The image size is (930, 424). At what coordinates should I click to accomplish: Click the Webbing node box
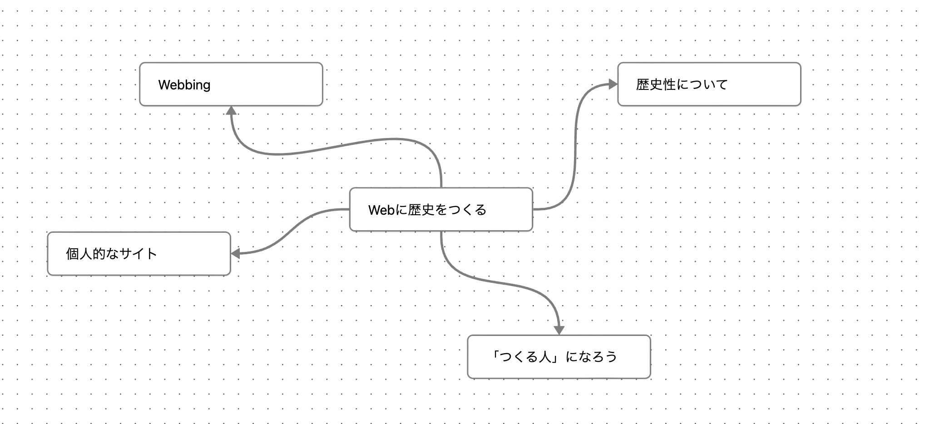[272, 84]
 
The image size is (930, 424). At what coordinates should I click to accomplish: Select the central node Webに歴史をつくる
[509, 209]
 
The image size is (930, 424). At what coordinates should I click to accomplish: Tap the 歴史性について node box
[763, 84]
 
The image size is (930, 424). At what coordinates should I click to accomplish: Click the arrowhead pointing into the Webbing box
[231, 110]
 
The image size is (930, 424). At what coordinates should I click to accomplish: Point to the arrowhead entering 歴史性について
[613, 84]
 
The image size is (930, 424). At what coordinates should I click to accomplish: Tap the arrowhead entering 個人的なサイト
[235, 254]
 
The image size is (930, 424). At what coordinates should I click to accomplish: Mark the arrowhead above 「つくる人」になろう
[559, 330]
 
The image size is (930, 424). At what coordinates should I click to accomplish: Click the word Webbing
[184, 85]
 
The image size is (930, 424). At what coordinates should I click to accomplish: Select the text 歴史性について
[682, 85]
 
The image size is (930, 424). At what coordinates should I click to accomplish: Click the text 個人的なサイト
[111, 254]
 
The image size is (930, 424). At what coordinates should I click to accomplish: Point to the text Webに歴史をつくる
[427, 210]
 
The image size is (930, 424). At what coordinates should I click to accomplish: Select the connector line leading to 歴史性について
[575, 145]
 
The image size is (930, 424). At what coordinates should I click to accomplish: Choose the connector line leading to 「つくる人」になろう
[500, 282]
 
